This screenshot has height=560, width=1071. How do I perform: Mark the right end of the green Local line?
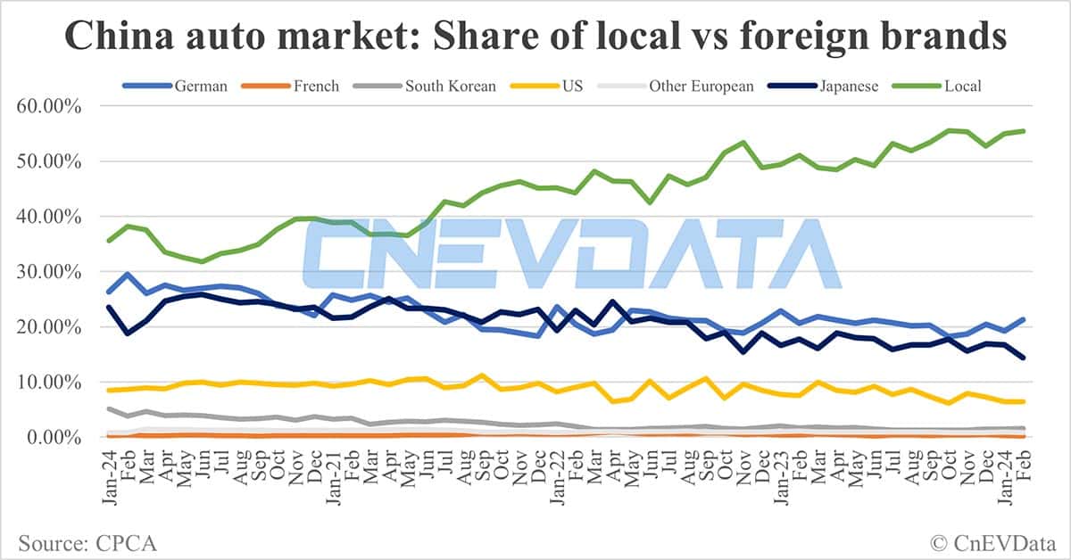point(1022,131)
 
